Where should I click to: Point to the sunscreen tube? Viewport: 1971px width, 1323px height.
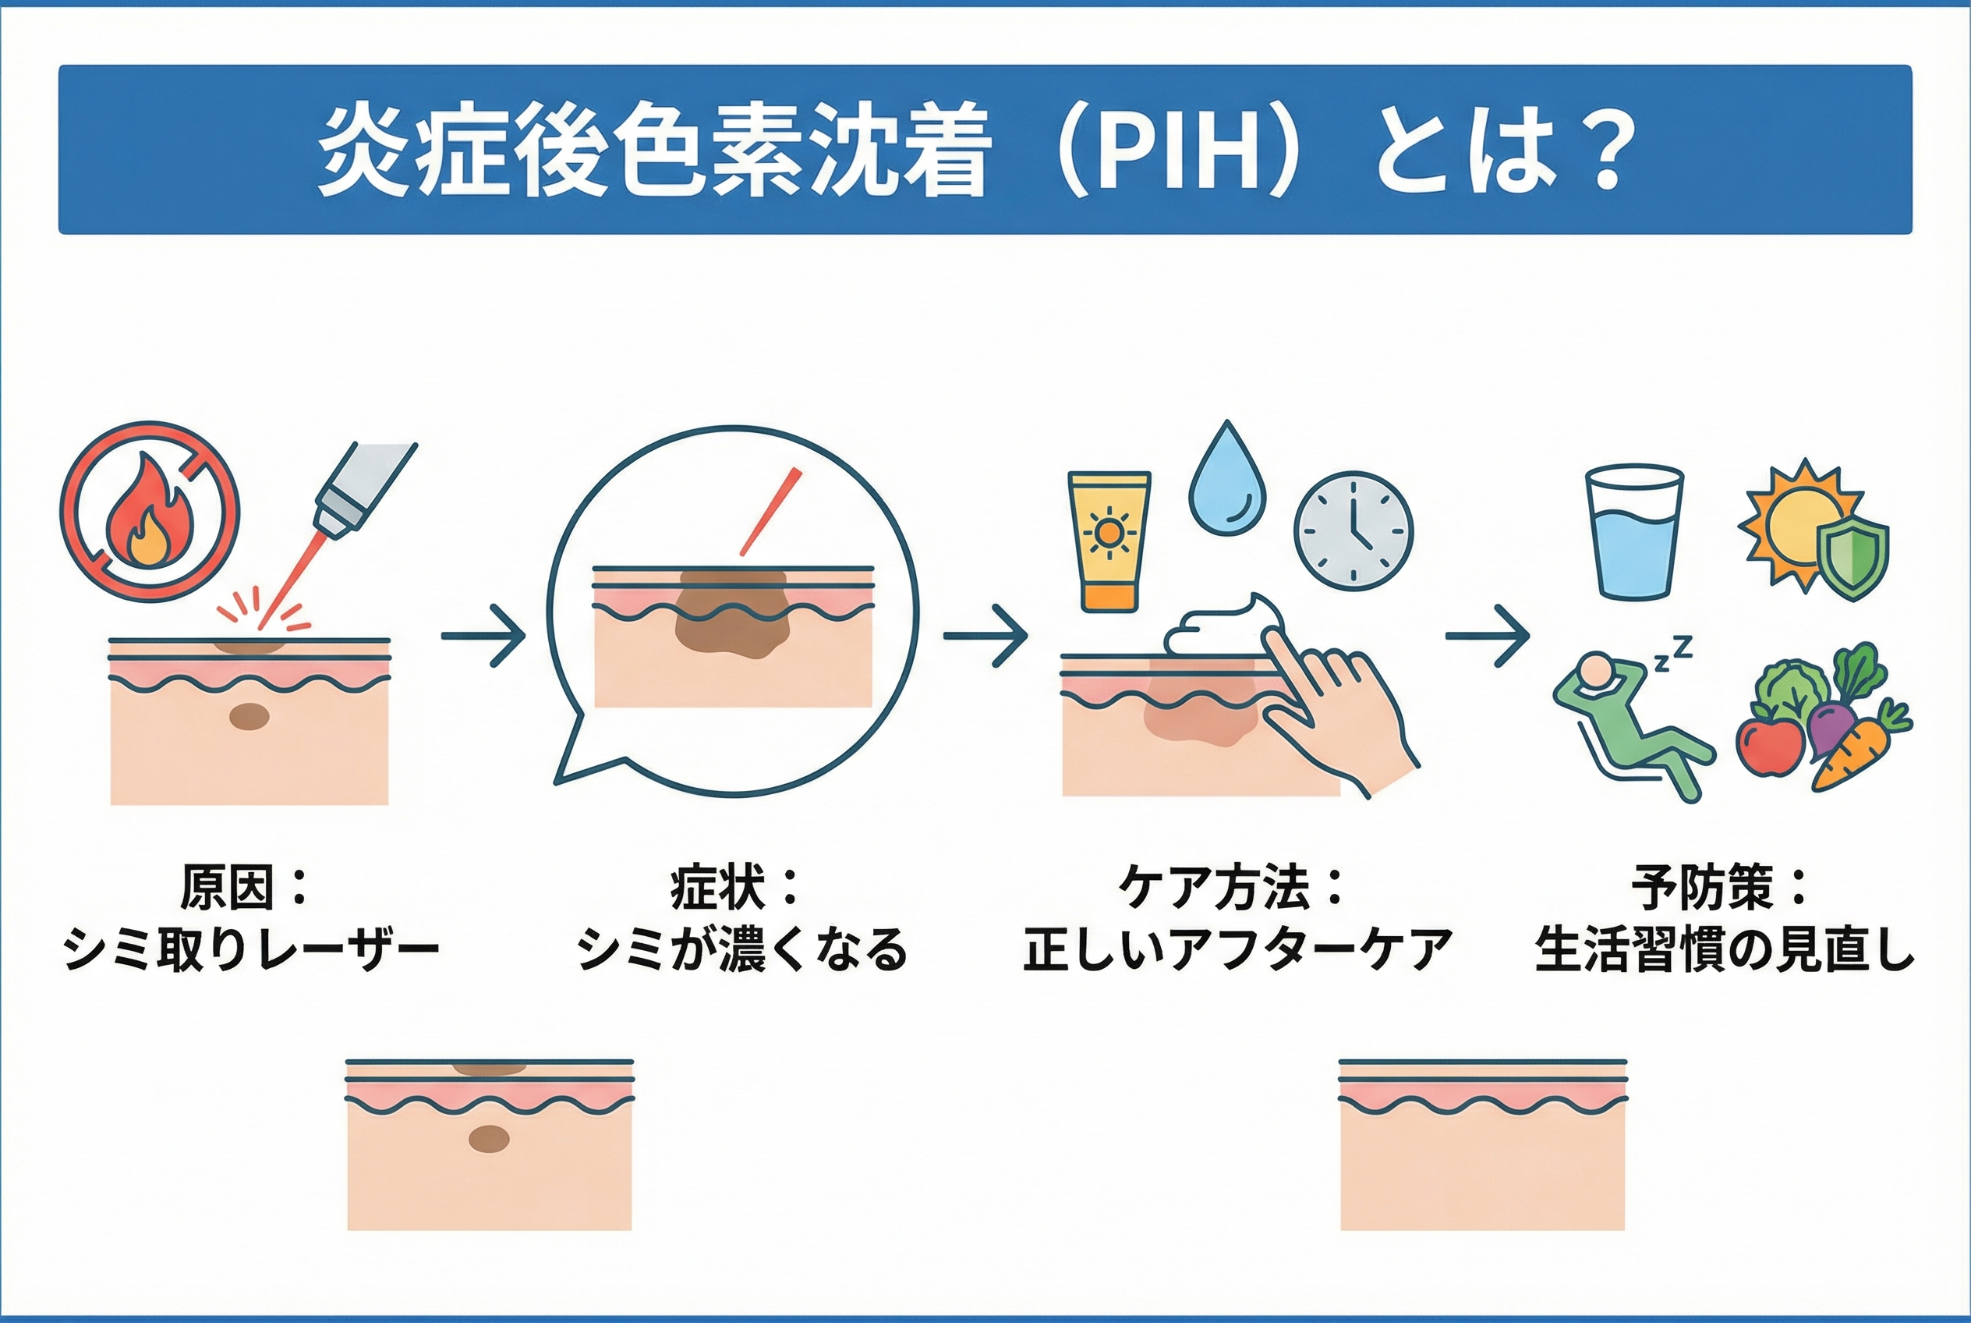[x=1108, y=540]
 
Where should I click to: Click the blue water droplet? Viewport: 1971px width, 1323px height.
[x=1227, y=483]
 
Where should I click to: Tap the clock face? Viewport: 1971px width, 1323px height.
[x=1354, y=530]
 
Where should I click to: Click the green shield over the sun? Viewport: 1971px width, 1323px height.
[x=1851, y=559]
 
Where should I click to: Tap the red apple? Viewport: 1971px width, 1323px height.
[x=1768, y=744]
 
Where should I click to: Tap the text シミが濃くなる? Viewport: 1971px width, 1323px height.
[x=742, y=949]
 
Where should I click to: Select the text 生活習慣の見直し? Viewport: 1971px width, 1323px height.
[x=1723, y=949]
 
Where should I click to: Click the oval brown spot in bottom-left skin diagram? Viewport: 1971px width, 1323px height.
[x=489, y=1140]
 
